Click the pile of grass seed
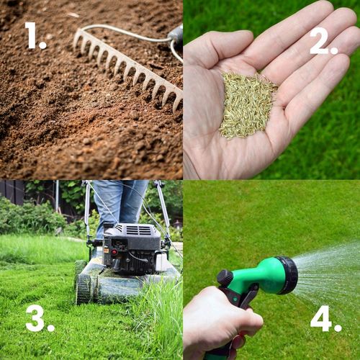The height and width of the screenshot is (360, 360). point(247,106)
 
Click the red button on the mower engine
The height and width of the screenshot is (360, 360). point(114,252)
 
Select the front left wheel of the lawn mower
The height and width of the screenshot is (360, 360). point(84,289)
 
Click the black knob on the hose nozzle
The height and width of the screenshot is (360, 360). point(225,277)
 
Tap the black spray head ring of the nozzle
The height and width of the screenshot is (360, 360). point(289,275)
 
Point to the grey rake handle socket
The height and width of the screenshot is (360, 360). point(176,35)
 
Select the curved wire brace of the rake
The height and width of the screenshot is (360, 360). point(125,34)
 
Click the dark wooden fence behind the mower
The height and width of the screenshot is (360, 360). point(12,192)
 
